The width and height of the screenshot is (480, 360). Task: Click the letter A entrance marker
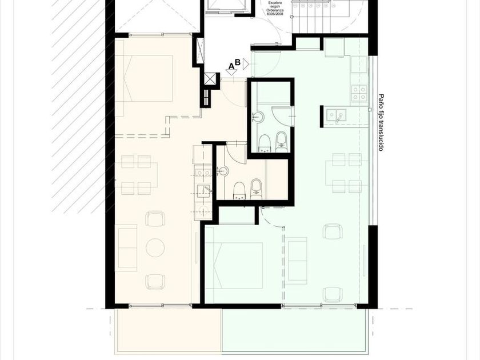coord(231,66)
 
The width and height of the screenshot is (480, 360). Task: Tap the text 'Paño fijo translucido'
coord(381,122)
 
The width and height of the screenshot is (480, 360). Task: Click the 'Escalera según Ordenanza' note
coord(275,9)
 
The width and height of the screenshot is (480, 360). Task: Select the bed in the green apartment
coord(234,266)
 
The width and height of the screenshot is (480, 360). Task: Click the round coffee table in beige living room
coord(155,247)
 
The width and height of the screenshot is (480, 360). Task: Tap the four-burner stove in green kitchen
coord(359,93)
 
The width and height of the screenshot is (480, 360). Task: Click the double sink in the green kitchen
coord(336,115)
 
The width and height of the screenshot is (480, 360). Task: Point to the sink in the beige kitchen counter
coord(204,191)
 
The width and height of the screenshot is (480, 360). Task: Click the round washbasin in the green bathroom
coord(258,117)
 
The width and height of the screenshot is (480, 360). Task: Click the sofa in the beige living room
coord(126,247)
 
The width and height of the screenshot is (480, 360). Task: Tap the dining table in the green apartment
coord(346,173)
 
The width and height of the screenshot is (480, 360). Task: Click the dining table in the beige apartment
coord(137,175)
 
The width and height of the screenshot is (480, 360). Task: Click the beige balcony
coord(168,330)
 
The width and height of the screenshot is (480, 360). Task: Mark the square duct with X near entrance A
coord(210,79)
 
